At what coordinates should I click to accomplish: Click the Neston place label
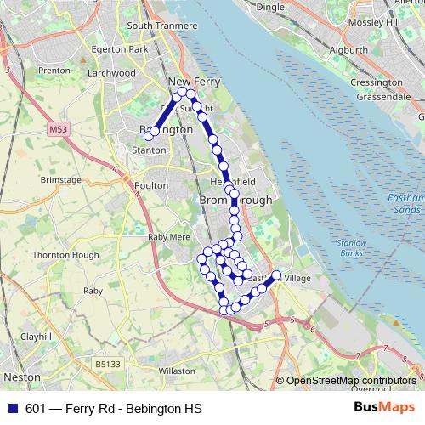click(x=20, y=375)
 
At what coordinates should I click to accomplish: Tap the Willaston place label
click(x=177, y=371)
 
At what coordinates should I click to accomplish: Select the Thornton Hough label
click(x=61, y=254)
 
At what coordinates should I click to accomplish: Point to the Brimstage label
click(x=59, y=180)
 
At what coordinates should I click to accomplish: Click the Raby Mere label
click(x=167, y=237)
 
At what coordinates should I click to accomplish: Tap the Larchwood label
click(x=111, y=73)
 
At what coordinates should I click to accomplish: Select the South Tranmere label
click(x=156, y=25)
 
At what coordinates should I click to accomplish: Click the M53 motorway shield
click(x=58, y=130)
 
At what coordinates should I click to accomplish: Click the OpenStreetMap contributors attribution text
click(x=350, y=381)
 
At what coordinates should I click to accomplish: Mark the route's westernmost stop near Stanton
click(x=149, y=135)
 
